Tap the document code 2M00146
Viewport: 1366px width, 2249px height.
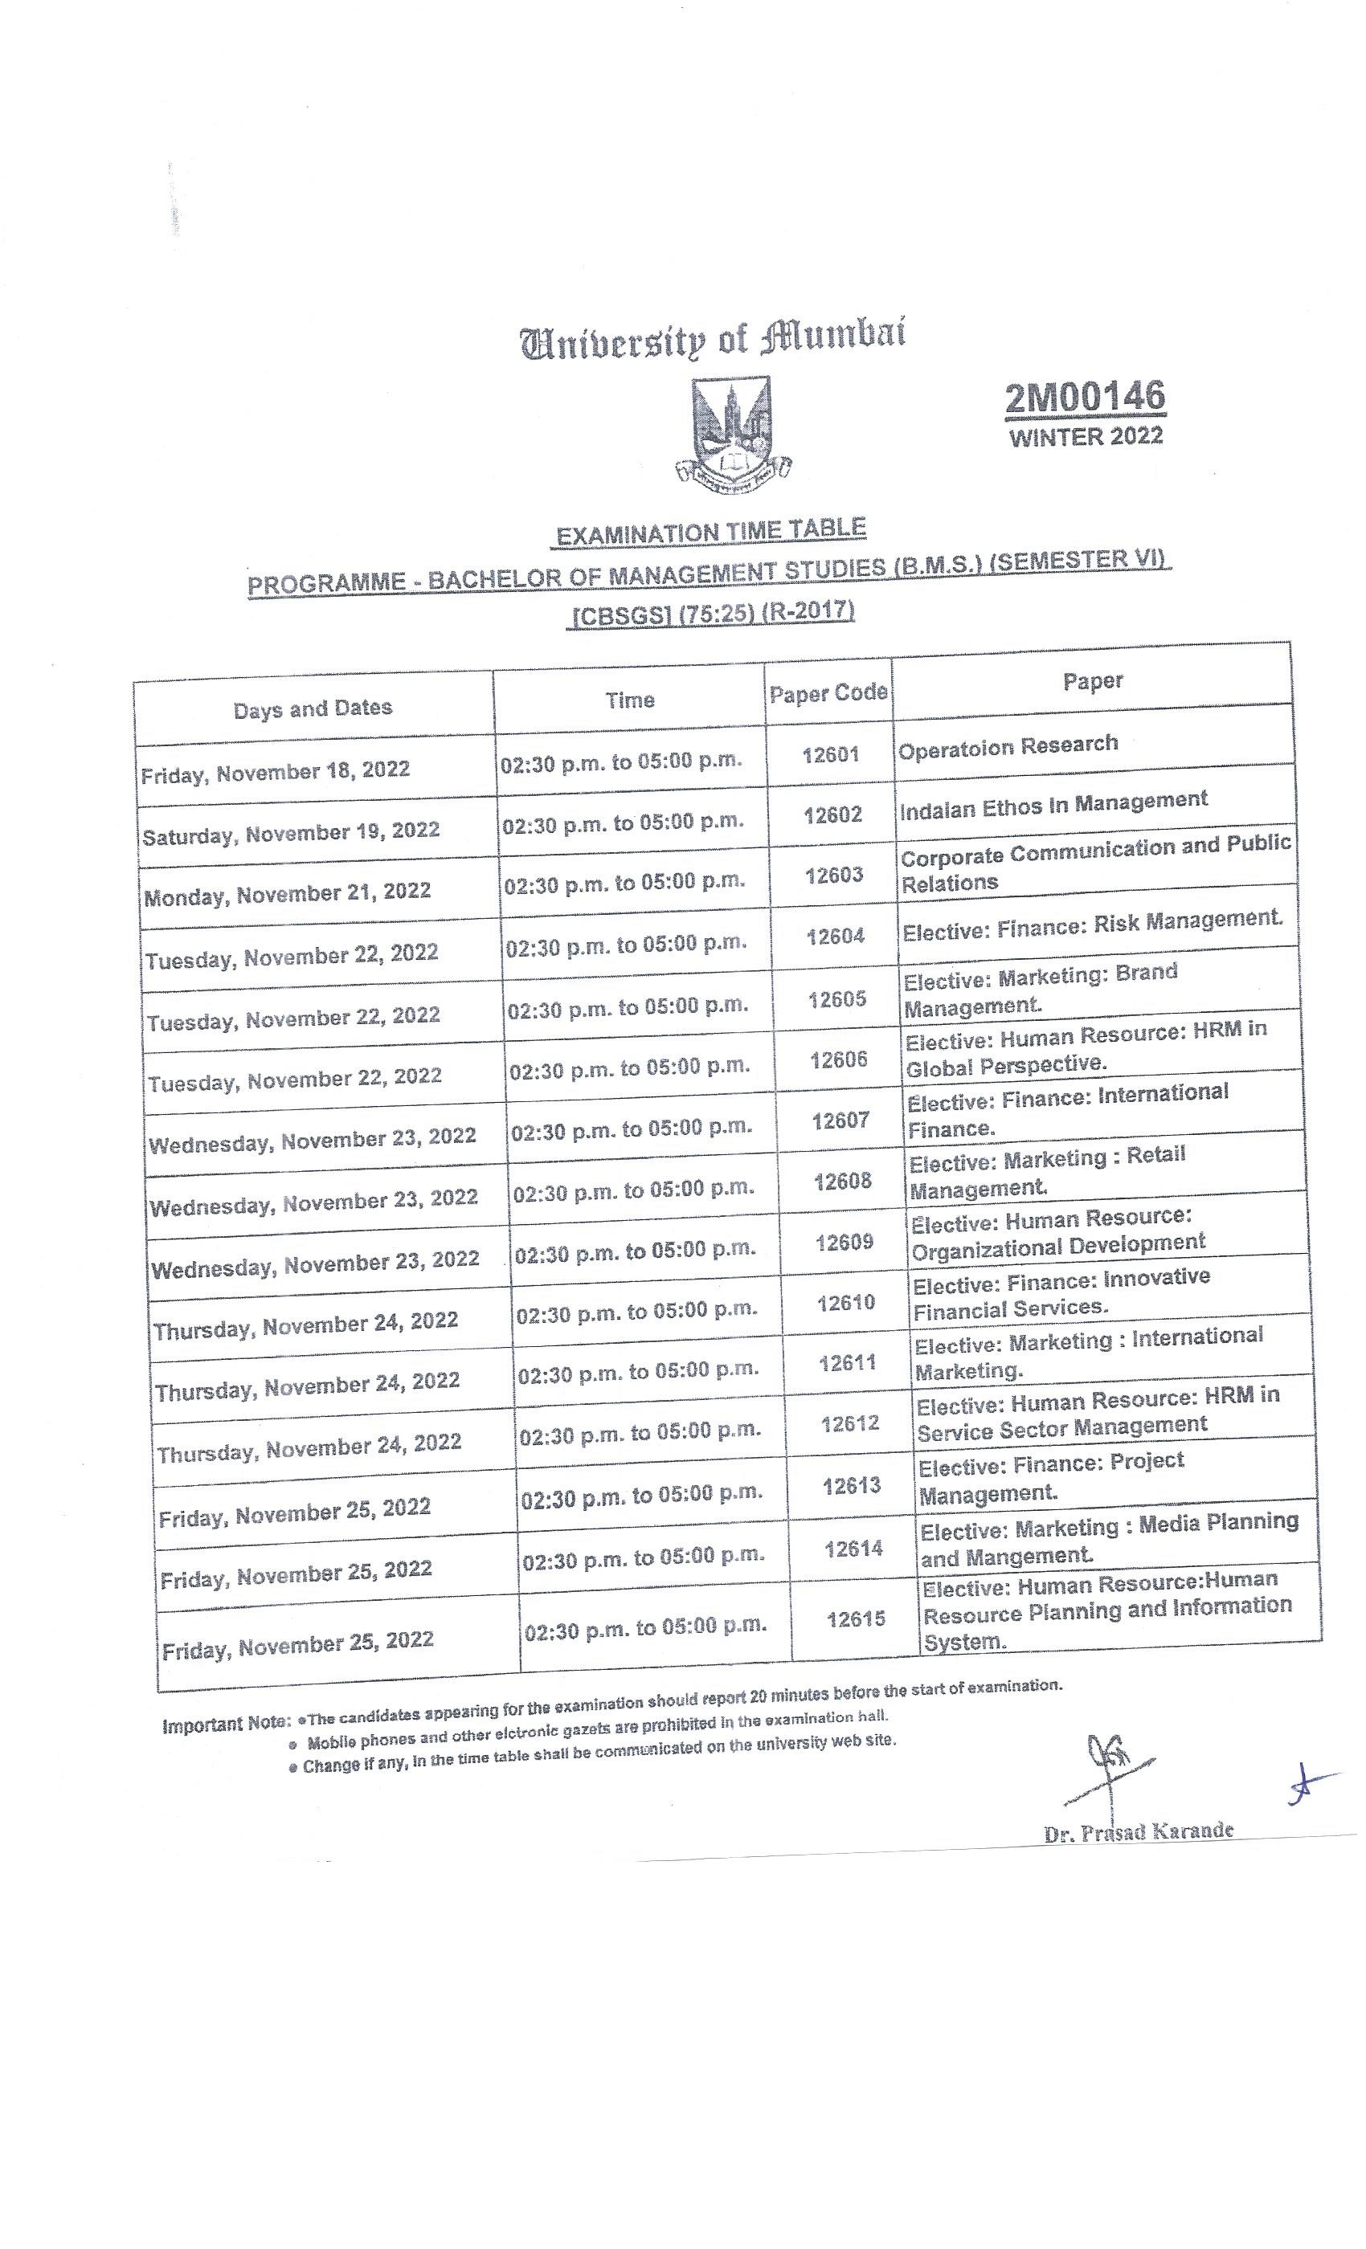click(x=1085, y=398)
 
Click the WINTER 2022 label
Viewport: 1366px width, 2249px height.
click(x=1086, y=436)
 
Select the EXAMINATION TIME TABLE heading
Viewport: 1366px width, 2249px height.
click(x=710, y=532)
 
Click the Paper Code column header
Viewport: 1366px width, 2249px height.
click(x=828, y=694)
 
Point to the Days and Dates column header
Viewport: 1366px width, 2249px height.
click(x=313, y=709)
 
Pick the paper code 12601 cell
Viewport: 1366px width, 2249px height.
click(x=830, y=755)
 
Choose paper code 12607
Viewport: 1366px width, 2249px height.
click(x=840, y=1120)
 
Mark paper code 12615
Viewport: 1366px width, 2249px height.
click(x=856, y=1619)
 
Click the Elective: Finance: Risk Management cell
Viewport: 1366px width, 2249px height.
click(x=1092, y=924)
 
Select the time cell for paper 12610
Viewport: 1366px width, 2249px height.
click(x=636, y=1312)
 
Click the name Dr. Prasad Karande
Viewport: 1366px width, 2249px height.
click(x=1138, y=1832)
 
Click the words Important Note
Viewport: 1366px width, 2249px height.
click(x=226, y=1725)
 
